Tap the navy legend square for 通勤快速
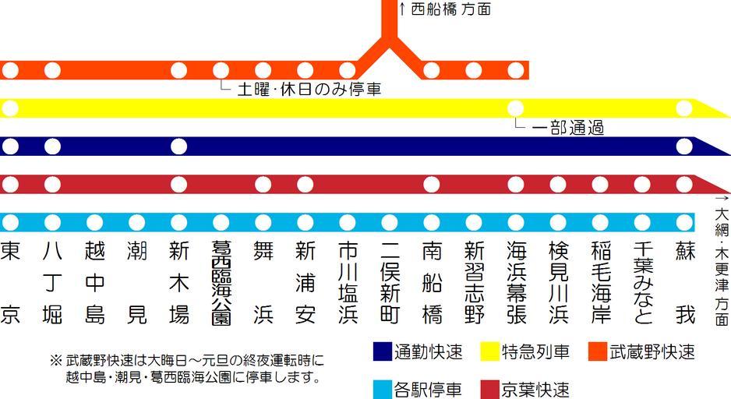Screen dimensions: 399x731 [x=383, y=351]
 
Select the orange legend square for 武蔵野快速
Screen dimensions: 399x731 [x=598, y=351]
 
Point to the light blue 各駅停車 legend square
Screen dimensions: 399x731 [x=383, y=388]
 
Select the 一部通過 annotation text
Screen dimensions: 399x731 [x=568, y=128]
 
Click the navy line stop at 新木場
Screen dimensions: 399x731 [x=178, y=147]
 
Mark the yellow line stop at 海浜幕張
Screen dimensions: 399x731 [x=516, y=108]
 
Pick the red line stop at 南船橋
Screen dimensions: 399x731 [x=432, y=185]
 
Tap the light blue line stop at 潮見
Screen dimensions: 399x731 [x=136, y=222]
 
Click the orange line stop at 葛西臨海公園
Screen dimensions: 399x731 [x=221, y=70]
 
